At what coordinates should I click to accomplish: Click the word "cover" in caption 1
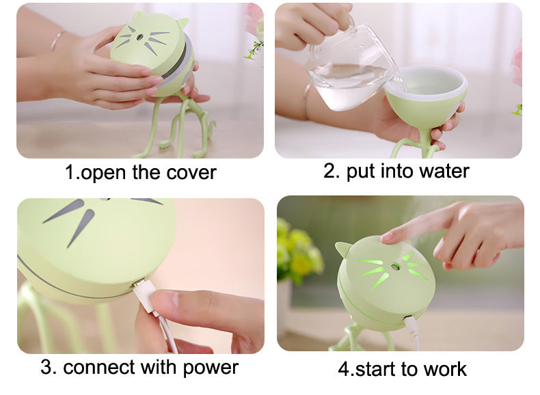coord(191,173)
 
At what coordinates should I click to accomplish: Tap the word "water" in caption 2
coord(442,171)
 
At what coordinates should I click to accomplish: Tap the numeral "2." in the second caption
coord(332,171)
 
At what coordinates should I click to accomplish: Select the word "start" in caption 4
coord(376,370)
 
